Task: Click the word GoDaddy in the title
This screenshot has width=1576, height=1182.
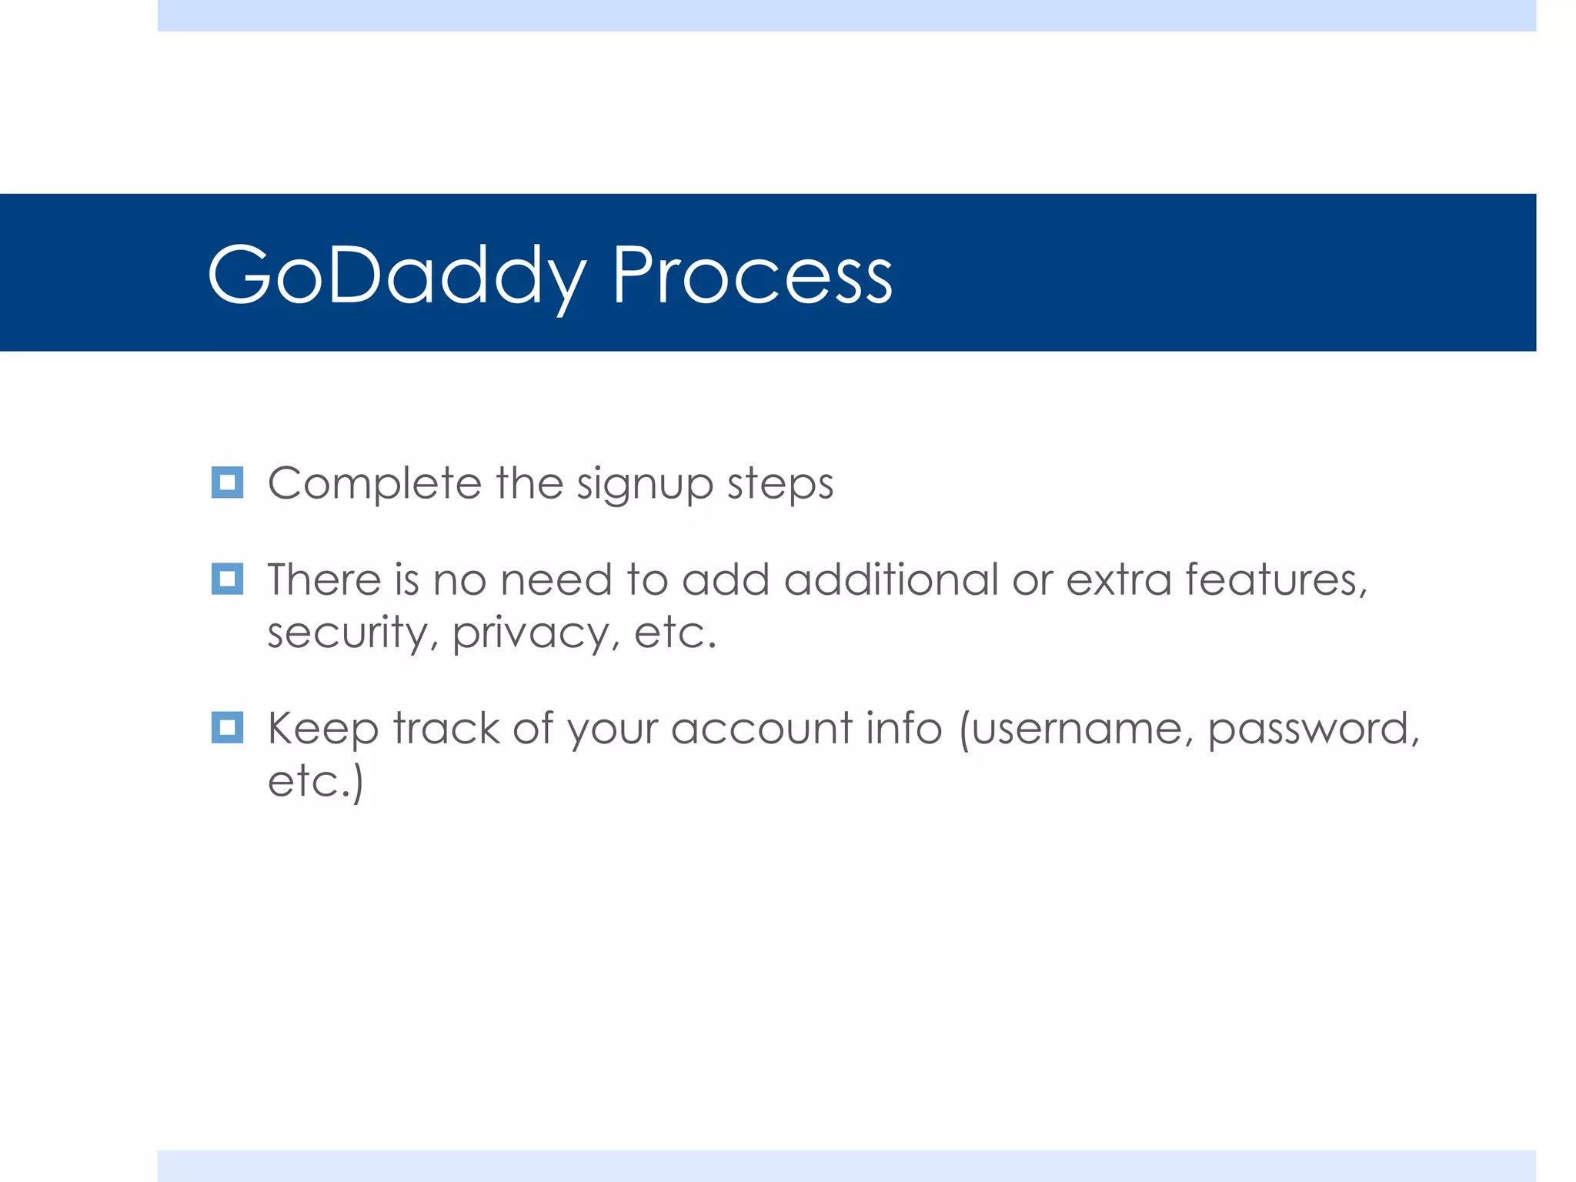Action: tap(396, 275)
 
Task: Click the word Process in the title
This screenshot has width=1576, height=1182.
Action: tap(752, 275)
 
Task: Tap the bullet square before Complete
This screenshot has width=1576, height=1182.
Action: tap(227, 482)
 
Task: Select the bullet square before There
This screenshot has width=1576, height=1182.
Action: tap(227, 579)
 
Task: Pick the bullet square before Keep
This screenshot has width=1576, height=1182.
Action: tap(227, 727)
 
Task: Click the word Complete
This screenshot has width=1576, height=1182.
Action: tap(374, 484)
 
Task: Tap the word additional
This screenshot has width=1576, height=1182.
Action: tap(890, 579)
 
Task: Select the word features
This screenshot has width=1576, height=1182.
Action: tap(1276, 579)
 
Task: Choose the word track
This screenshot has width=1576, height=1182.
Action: tap(446, 728)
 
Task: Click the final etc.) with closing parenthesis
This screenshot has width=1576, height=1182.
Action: tap(316, 782)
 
